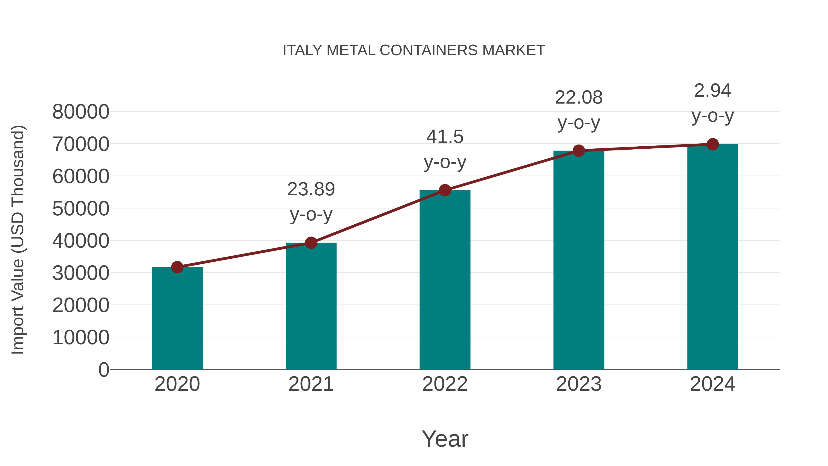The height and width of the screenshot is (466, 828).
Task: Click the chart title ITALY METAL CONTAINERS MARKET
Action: point(414,50)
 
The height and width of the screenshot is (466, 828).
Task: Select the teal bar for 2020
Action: point(177,318)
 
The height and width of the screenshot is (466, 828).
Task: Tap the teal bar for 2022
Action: point(445,280)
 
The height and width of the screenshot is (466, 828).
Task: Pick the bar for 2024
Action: point(713,257)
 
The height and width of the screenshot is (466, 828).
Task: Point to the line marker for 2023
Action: point(579,151)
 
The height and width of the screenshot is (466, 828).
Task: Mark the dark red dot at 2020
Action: point(177,267)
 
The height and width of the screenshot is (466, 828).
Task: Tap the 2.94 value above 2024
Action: point(713,91)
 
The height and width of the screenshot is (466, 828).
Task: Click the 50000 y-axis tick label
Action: point(81,209)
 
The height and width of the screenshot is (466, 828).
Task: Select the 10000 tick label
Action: point(81,338)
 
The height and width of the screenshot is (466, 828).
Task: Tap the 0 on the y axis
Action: point(103,370)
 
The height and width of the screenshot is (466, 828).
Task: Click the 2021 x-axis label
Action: point(311,384)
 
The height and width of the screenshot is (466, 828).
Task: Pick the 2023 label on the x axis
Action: point(579,384)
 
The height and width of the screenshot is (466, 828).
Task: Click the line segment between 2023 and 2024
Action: point(645,148)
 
